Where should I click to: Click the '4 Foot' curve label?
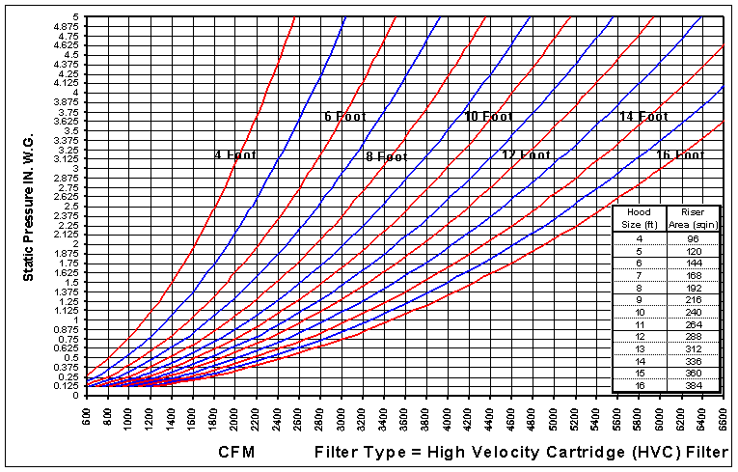[235, 154]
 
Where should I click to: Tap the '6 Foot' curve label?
[345, 117]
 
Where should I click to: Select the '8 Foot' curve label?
[387, 156]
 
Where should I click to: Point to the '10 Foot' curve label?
[488, 117]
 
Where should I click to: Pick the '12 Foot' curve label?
[527, 154]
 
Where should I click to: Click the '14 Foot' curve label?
[642, 117]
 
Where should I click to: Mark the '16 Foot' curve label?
[680, 154]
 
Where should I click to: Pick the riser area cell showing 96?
[695, 237]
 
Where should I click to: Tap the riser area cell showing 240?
[695, 311]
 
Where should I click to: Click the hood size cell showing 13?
[639, 347]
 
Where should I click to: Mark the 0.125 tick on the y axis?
[65, 386]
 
